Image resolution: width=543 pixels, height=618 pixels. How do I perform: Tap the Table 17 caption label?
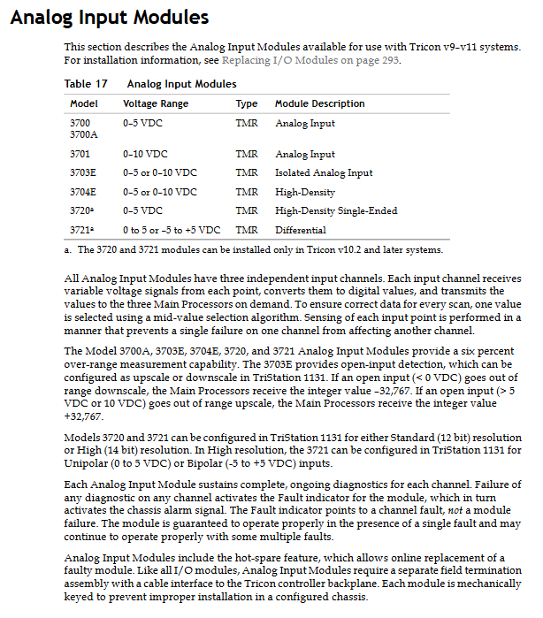pyautogui.click(x=86, y=84)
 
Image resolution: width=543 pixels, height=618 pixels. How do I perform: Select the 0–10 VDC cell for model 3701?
pyautogui.click(x=145, y=154)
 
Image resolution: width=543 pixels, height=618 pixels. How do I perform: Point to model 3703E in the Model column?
pyautogui.click(x=83, y=172)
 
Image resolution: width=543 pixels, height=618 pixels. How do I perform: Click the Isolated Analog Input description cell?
pyautogui.click(x=324, y=172)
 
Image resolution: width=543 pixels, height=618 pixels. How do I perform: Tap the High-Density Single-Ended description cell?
pyautogui.click(x=336, y=210)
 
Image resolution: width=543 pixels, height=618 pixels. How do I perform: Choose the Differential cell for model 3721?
pyautogui.click(x=298, y=230)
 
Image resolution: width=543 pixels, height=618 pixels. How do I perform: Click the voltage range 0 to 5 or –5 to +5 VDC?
pyautogui.click(x=172, y=230)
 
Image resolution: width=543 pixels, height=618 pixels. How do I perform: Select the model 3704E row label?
pyautogui.click(x=83, y=192)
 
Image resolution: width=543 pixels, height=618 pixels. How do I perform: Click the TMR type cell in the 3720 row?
pyautogui.click(x=247, y=210)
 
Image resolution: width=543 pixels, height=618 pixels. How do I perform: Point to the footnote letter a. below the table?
pyautogui.click(x=68, y=250)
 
